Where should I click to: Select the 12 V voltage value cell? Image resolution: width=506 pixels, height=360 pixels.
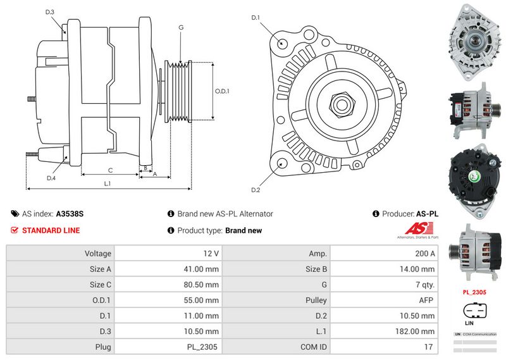tap(211, 253)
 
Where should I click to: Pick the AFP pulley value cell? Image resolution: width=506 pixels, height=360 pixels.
tap(426, 300)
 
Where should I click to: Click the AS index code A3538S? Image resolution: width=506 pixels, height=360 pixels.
tap(70, 214)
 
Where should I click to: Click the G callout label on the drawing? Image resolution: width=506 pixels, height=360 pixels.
tap(181, 27)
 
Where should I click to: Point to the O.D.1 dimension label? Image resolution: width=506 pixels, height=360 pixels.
tap(222, 91)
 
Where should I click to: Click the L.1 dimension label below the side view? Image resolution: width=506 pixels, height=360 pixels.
tap(108, 183)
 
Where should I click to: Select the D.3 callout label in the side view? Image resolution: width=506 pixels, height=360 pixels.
tap(50, 12)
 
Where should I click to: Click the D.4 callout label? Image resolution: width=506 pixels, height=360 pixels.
tap(51, 178)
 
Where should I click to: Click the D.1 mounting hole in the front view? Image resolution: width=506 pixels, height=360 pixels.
tap(282, 44)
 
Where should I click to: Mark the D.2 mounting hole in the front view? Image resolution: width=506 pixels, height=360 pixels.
tap(281, 164)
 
